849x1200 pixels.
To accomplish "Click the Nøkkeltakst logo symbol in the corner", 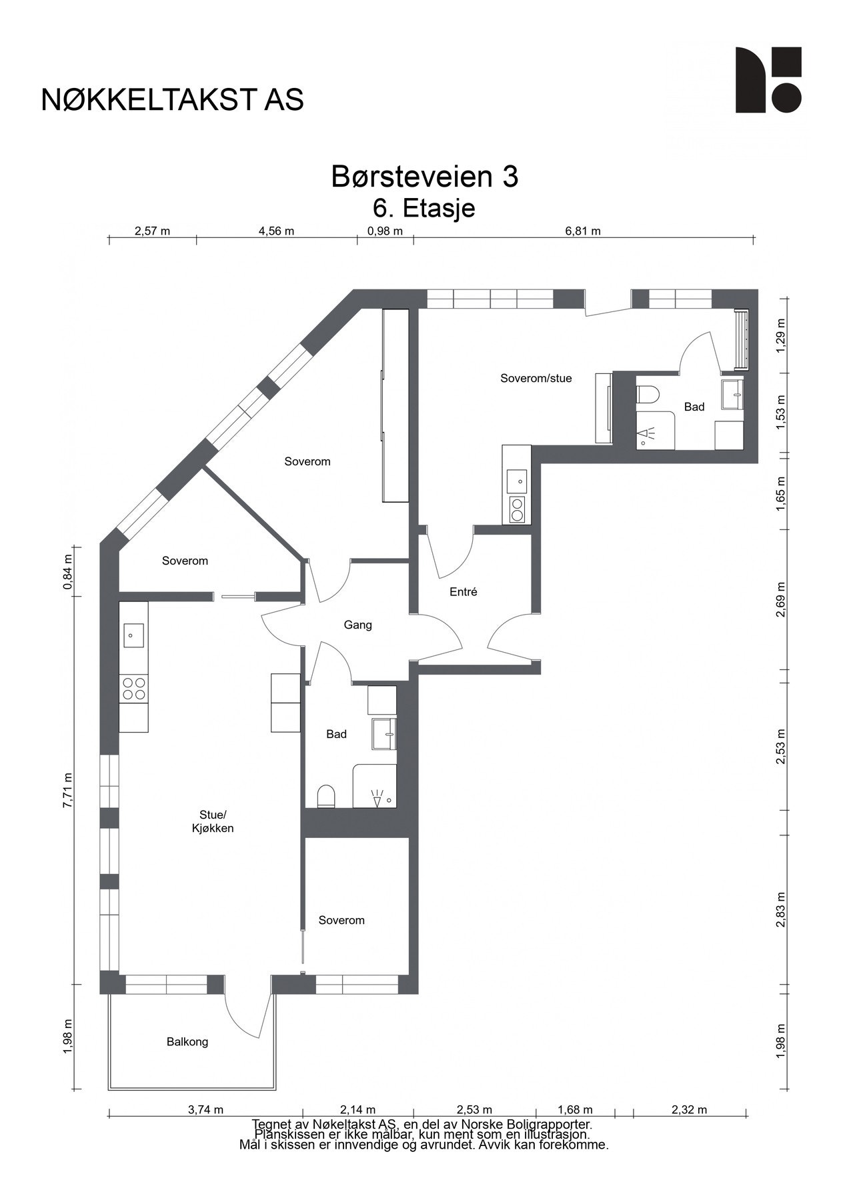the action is (x=768, y=80).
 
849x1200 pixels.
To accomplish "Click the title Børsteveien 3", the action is (x=425, y=177).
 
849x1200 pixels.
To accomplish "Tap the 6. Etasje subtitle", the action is (x=424, y=208).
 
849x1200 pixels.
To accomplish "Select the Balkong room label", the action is (x=187, y=1041).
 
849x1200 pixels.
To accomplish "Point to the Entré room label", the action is (x=464, y=591).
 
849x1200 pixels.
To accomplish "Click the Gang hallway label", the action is (x=357, y=625).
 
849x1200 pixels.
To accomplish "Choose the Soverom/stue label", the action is (x=536, y=378).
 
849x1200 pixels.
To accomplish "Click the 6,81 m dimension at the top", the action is (x=583, y=231).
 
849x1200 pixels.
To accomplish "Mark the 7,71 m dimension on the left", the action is (x=67, y=791).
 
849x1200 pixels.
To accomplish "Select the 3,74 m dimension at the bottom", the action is (x=205, y=1110).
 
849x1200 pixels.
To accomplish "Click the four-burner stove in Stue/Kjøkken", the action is (x=133, y=688).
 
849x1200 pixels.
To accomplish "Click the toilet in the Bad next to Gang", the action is (x=325, y=796).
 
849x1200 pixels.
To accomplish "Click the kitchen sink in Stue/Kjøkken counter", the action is (x=132, y=635).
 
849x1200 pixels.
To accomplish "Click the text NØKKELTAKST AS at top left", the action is (x=172, y=99).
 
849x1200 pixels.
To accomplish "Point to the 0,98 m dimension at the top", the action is (x=385, y=231).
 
